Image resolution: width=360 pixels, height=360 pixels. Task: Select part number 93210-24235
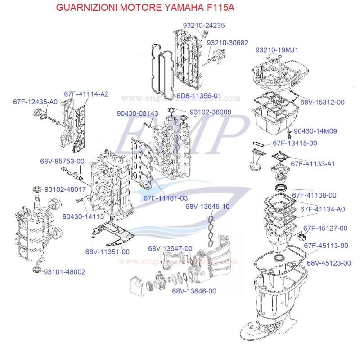coord(203,26)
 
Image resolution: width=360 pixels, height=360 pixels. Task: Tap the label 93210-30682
coord(228,42)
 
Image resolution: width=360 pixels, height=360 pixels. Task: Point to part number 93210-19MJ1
coord(277,49)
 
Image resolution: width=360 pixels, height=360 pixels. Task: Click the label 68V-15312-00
coord(322,102)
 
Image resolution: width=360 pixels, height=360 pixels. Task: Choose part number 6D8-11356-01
coord(199,96)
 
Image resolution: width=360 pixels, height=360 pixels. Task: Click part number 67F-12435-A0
coord(35,102)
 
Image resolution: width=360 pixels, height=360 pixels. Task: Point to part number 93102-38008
coord(210,112)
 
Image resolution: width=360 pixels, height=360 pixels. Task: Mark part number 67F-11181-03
coord(166,198)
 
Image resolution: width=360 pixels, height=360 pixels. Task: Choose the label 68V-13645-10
coord(220,206)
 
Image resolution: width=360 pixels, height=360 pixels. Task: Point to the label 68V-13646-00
coord(194,291)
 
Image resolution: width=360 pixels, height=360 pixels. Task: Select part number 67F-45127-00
coord(325,228)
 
